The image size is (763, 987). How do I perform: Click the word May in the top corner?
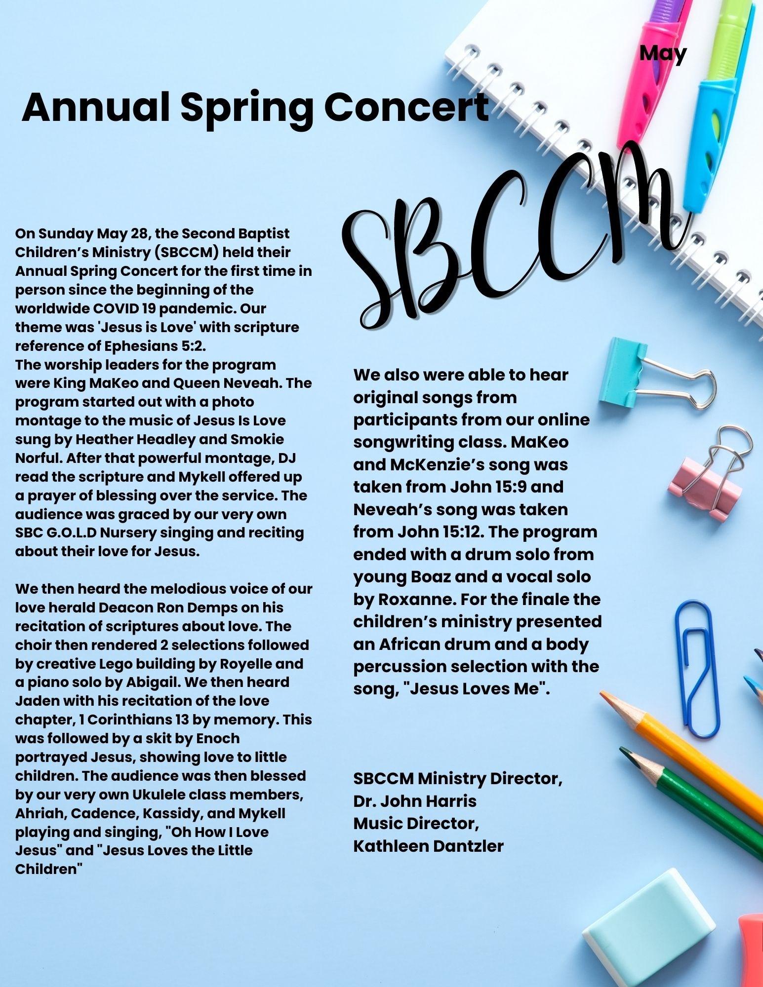pos(663,53)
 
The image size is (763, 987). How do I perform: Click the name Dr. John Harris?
pos(415,800)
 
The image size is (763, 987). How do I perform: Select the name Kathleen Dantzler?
pos(428,846)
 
